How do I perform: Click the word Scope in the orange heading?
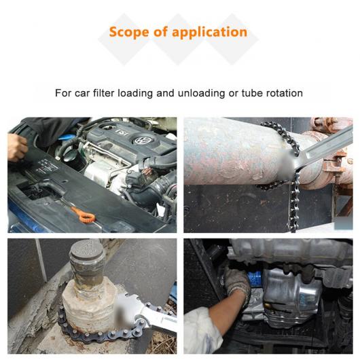(129, 32)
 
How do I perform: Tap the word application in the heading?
(210, 33)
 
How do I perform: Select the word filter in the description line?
(103, 93)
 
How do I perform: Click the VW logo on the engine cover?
(141, 141)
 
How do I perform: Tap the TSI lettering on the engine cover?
(122, 132)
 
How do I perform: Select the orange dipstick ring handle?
(87, 217)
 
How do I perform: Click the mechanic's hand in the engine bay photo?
(17, 147)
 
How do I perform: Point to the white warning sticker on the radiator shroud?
(46, 167)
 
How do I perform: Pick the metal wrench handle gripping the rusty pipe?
(324, 147)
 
